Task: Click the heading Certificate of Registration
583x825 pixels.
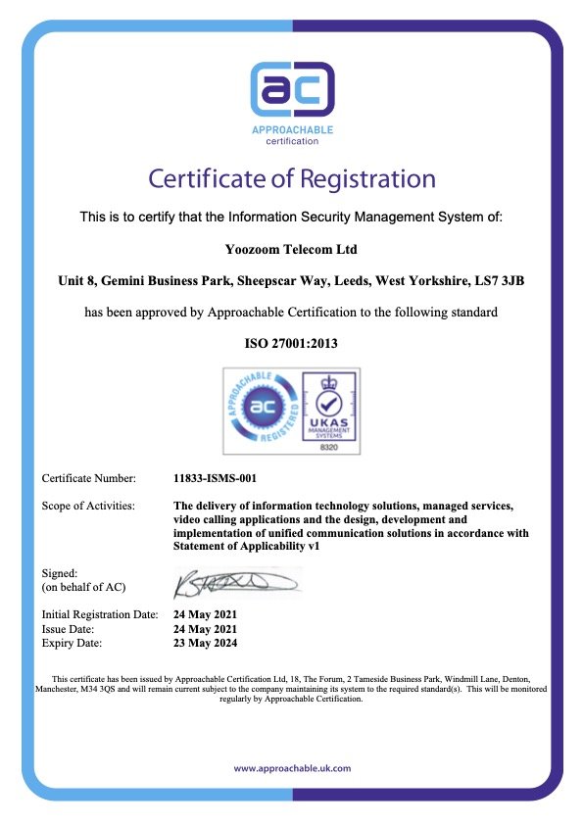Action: tap(292, 179)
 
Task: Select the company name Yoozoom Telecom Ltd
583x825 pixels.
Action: tap(291, 250)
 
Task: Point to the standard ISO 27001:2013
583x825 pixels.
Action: tap(291, 344)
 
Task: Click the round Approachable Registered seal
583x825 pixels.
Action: tap(264, 411)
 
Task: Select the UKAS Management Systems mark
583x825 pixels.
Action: tap(328, 404)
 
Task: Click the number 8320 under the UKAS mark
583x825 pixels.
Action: tap(328, 445)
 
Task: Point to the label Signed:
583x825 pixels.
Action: tap(60, 572)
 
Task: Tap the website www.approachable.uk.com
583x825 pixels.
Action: tap(292, 768)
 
